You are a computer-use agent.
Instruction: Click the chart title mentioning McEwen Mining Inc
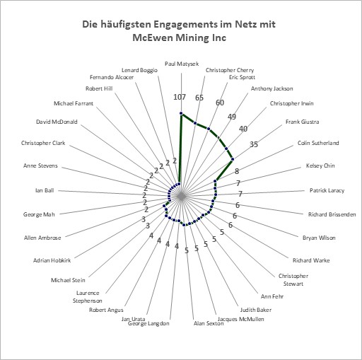(179, 31)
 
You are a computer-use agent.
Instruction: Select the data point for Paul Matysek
(181, 114)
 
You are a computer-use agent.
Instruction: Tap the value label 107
(180, 97)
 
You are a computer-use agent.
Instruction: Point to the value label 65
(199, 98)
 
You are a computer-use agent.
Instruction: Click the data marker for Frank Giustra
(233, 159)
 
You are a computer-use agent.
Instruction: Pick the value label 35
(254, 144)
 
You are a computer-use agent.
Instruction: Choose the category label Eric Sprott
(242, 77)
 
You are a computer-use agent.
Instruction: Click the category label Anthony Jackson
(271, 88)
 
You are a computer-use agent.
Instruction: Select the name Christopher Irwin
(291, 103)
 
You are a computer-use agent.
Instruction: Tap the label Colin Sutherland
(318, 143)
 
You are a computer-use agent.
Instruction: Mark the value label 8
(237, 171)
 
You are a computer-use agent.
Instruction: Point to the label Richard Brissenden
(332, 214)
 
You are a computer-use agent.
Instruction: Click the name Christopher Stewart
(293, 280)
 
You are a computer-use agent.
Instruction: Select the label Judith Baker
(256, 310)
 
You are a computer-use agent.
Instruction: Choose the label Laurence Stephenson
(88, 297)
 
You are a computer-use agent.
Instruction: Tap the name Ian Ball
(45, 190)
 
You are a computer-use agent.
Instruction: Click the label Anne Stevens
(40, 166)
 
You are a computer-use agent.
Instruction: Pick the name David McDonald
(57, 122)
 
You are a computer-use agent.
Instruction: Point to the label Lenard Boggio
(139, 70)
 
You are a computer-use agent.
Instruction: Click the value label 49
(232, 117)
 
